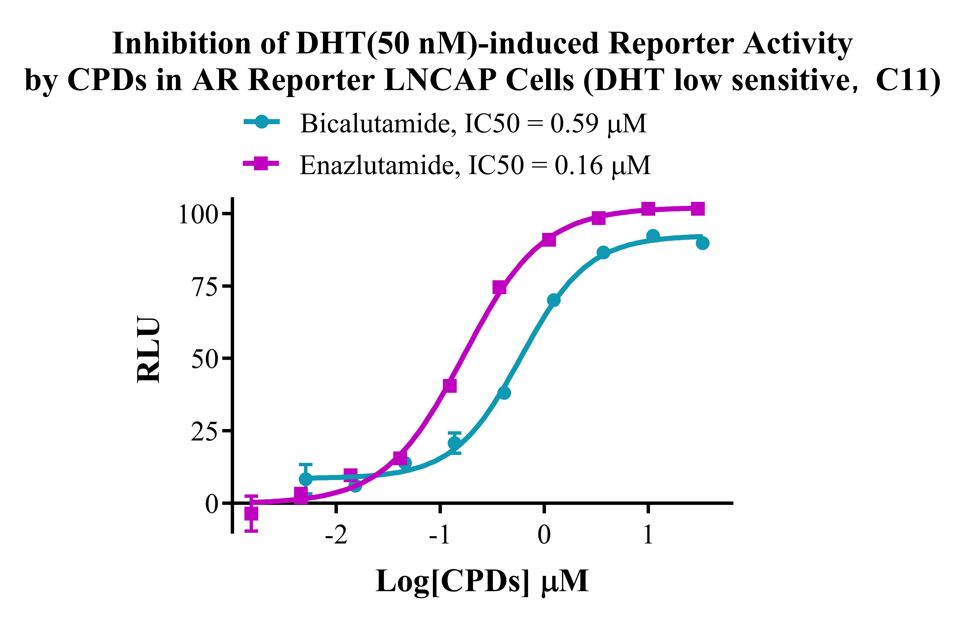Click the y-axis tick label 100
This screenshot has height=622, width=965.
coord(198,215)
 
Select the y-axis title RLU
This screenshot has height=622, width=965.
coord(149,350)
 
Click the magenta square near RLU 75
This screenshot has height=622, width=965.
coord(499,288)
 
